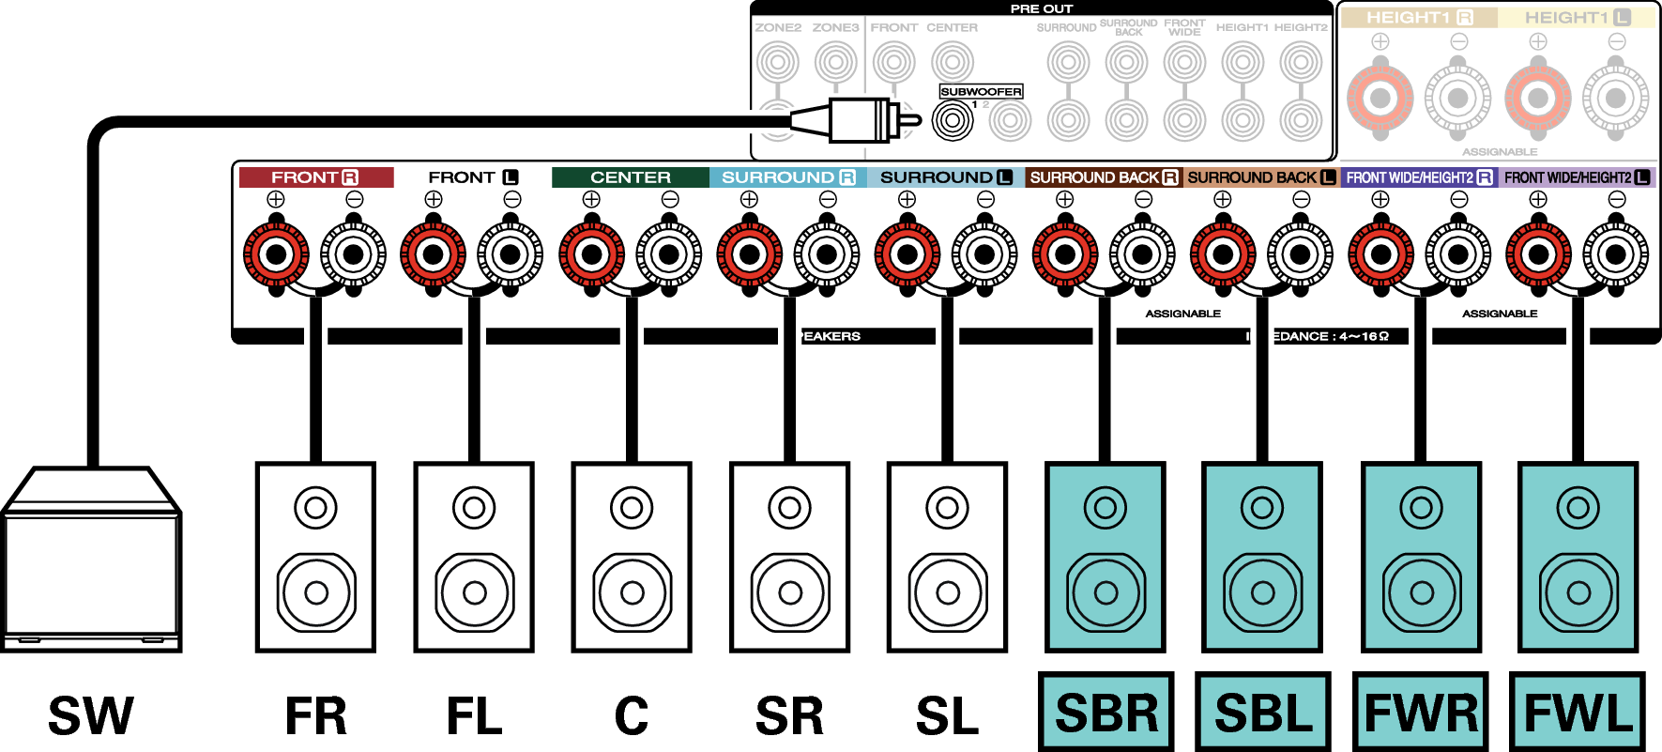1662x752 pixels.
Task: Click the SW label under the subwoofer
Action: (91, 715)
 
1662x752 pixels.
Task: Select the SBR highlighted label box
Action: (1105, 713)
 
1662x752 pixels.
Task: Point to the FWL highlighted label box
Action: (1578, 713)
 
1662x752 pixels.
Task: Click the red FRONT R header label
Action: (315, 177)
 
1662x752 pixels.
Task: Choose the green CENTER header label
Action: (630, 177)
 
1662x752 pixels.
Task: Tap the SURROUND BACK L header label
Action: (1260, 177)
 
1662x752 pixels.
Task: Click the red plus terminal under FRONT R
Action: (276, 254)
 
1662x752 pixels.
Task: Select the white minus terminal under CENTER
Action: (669, 254)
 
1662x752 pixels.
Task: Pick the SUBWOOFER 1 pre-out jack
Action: (953, 120)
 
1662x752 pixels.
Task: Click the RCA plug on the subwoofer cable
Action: (859, 120)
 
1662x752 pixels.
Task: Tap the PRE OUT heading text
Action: (1041, 8)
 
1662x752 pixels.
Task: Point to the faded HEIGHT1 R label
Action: (1418, 18)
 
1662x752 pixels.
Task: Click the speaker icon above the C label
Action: (631, 557)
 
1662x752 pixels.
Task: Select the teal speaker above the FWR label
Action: (1421, 557)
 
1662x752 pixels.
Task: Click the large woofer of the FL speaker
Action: (474, 592)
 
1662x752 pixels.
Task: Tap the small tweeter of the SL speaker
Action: (947, 508)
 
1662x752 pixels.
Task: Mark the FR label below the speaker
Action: (316, 715)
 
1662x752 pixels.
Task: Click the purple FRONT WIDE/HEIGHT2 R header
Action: (1419, 177)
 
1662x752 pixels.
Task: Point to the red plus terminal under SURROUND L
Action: (907, 254)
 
